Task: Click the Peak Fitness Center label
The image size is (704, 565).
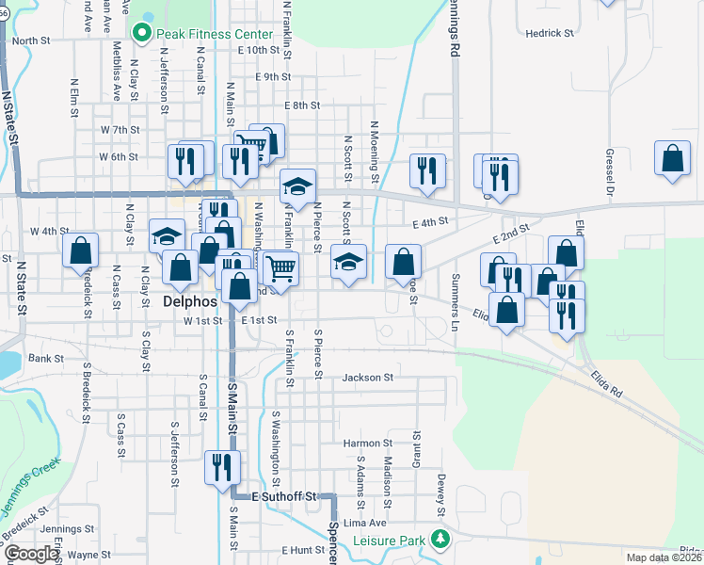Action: [214, 34]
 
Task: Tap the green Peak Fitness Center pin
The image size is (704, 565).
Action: [143, 34]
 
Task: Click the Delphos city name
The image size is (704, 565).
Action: [190, 303]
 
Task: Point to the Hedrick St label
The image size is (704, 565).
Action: [550, 33]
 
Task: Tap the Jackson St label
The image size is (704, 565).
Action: [367, 378]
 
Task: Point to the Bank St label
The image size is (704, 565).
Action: [44, 359]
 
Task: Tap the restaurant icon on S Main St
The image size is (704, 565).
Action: [223, 466]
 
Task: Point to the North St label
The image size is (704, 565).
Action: [31, 40]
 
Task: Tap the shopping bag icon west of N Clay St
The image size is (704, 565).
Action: [82, 250]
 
